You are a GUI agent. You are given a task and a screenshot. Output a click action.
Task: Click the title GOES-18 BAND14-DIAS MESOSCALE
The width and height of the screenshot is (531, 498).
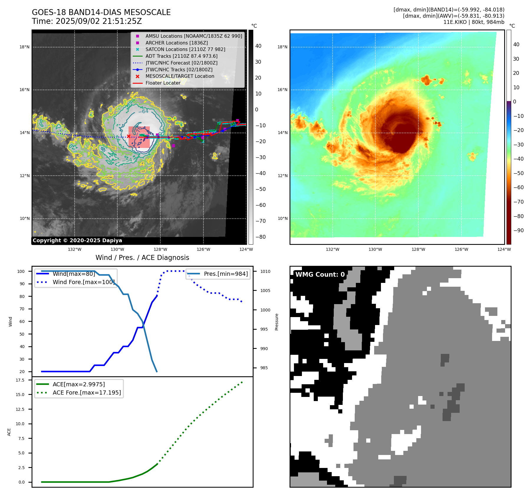101,12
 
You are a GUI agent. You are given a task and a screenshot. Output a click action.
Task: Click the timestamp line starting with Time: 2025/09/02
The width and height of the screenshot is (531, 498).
87,21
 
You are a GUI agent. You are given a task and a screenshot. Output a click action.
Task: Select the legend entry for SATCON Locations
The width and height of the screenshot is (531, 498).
185,49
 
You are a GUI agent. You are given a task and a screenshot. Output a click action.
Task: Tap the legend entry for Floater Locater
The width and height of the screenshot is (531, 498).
163,83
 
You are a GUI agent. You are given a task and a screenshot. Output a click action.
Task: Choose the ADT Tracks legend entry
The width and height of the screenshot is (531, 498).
181,56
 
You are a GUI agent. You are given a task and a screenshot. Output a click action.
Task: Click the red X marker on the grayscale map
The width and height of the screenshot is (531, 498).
129,136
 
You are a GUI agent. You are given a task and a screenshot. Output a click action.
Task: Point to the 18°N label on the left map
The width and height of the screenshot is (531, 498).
24,47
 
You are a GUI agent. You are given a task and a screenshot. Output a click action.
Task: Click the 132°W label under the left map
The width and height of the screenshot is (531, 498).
75,249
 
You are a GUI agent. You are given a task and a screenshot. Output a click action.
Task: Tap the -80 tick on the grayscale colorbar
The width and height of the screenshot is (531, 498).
261,237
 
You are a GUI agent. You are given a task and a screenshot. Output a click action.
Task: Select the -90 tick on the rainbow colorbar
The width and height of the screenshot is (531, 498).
518,230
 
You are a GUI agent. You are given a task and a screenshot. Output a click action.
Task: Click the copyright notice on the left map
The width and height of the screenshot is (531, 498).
77,240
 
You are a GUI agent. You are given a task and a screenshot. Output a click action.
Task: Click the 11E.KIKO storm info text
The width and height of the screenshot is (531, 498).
474,22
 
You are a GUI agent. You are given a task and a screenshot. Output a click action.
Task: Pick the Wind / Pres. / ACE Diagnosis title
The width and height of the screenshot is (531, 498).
142,258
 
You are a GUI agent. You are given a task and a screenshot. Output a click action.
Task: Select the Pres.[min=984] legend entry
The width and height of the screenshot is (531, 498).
226,274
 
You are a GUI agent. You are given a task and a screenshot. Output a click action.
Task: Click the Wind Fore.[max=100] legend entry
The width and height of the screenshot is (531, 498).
83,282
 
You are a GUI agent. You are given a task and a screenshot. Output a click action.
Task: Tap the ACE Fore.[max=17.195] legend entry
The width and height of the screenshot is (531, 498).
87,393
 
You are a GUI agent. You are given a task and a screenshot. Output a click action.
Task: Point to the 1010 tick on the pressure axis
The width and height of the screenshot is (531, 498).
265,271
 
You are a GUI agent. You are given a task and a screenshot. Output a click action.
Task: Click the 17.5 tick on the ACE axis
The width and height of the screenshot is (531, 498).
20,380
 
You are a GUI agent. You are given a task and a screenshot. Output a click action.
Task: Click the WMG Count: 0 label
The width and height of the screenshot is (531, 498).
320,274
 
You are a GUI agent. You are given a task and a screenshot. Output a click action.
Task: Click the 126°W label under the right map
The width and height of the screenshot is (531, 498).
461,249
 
